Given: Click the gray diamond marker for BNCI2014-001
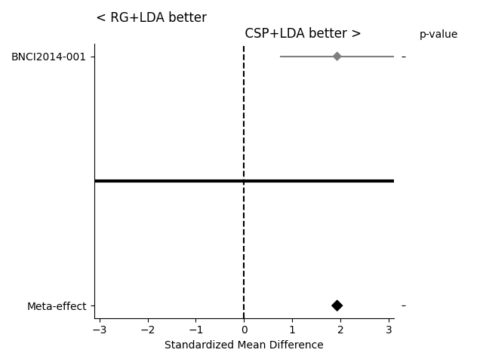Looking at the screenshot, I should pyautogui.click(x=337, y=57).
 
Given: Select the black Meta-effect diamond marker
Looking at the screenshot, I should pyautogui.click(x=337, y=305).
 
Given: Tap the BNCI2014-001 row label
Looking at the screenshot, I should pyautogui.click(x=54, y=57).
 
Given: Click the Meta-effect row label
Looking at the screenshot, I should pyautogui.click(x=57, y=306).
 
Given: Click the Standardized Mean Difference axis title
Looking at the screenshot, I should pyautogui.click(x=244, y=345).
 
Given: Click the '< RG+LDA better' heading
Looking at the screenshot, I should pyautogui.click(x=151, y=17).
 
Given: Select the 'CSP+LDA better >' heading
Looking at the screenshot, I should pyautogui.click(x=303, y=33).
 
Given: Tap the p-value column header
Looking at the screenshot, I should pyautogui.click(x=438, y=34).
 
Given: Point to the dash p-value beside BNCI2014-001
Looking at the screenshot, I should pyautogui.click(x=404, y=57).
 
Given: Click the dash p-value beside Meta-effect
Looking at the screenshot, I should pyautogui.click(x=404, y=305).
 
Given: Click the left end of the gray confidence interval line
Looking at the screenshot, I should pyautogui.click(x=281, y=57).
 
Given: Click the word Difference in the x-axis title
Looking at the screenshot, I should pyautogui.click(x=297, y=345).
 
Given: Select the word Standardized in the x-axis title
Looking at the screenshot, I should pyautogui.click(x=196, y=345).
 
